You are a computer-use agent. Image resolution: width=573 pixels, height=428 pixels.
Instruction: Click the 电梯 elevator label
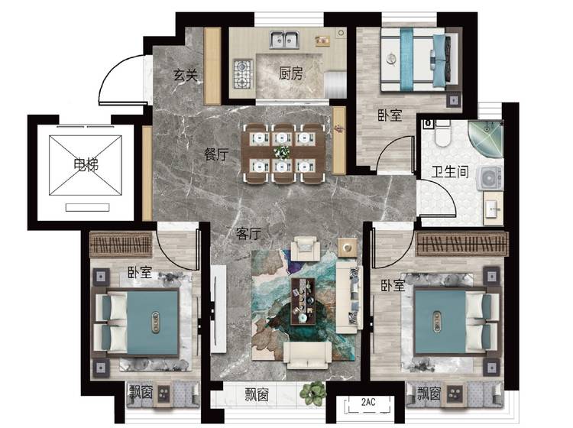(x=86, y=165)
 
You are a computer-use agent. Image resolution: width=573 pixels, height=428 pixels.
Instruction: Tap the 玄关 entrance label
(x=186, y=76)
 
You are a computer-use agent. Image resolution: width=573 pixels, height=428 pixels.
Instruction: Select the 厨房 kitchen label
(x=290, y=73)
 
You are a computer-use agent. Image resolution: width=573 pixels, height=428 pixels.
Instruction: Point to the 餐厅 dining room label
(x=216, y=154)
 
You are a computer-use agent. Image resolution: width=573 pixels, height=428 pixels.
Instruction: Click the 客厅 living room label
(x=248, y=234)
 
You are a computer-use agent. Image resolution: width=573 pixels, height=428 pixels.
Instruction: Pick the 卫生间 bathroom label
(x=450, y=171)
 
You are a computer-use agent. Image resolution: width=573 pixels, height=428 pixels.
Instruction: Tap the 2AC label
(x=368, y=403)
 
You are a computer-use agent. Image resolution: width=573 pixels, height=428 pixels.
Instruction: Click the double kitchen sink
(x=285, y=40)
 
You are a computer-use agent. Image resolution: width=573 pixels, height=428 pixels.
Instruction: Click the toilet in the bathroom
(x=442, y=133)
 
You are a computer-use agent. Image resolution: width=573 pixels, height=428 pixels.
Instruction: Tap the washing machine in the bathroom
(x=489, y=178)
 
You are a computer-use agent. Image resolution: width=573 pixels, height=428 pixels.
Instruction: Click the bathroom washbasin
(x=494, y=209)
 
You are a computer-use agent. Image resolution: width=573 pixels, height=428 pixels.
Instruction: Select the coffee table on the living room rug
(x=303, y=301)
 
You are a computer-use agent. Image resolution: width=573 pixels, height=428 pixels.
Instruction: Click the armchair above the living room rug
(x=305, y=248)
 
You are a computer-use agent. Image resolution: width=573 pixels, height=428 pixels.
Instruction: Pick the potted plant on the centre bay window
(x=312, y=394)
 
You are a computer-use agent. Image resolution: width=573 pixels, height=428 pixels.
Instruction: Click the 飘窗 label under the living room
(x=257, y=395)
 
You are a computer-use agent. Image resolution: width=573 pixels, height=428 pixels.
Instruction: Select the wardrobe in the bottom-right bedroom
(x=462, y=243)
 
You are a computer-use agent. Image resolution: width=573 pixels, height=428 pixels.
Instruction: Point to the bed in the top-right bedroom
(x=419, y=59)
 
